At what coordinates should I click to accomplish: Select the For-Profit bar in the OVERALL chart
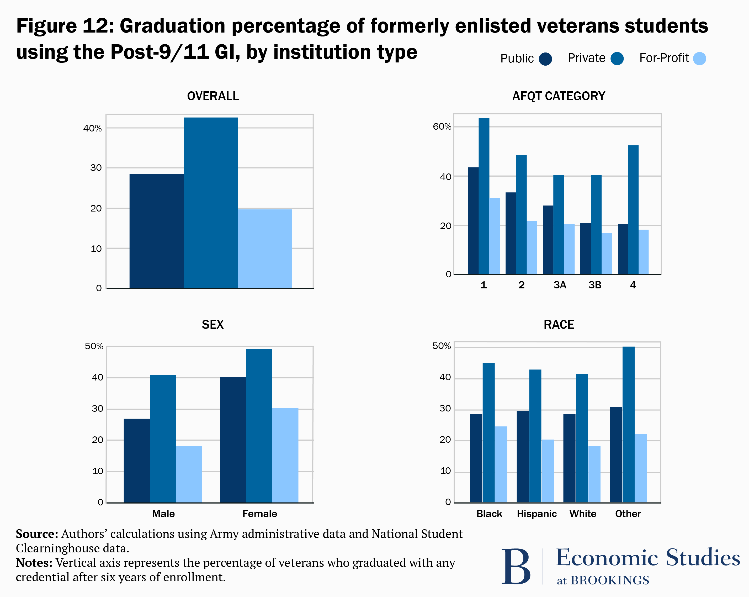[265, 249]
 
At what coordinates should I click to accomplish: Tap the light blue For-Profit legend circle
[699, 58]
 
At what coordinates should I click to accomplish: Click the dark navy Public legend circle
[545, 59]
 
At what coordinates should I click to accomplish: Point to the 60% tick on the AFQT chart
[442, 127]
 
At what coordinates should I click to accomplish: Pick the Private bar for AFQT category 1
[484, 196]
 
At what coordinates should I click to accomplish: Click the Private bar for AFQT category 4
[633, 210]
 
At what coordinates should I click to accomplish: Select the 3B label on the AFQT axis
[595, 285]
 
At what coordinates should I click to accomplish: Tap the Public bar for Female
[233, 440]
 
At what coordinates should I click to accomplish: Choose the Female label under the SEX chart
[259, 514]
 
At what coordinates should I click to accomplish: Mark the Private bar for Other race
[628, 424]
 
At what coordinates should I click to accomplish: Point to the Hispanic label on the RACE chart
[536, 514]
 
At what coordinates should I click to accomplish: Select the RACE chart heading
[559, 325]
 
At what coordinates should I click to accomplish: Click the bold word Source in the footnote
[36, 534]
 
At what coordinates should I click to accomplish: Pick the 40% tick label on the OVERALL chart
[92, 129]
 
